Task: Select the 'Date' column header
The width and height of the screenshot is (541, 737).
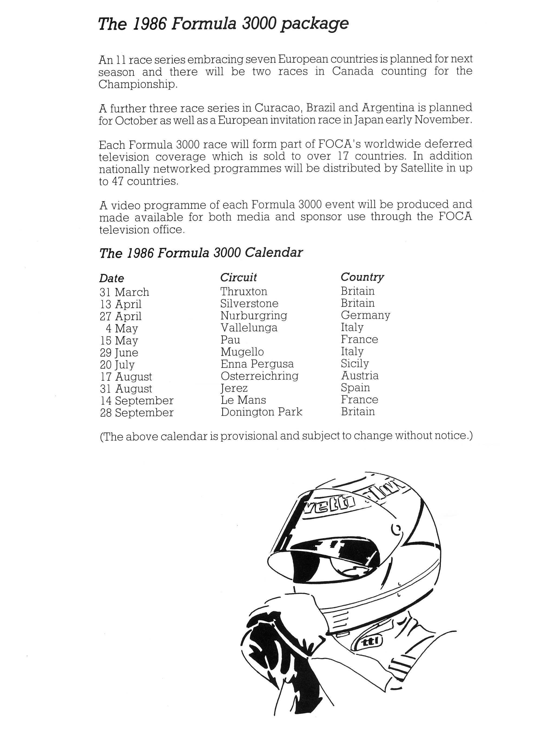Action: coord(112,278)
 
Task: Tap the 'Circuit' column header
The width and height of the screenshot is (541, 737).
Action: coord(238,277)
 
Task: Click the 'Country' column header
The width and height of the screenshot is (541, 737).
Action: coord(362,277)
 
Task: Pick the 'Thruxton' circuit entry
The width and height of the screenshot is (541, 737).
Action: coord(244,291)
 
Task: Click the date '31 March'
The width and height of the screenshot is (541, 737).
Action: coord(124,292)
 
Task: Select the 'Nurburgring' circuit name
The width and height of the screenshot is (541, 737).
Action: coord(254,316)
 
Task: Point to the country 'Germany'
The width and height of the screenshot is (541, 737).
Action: coord(365,315)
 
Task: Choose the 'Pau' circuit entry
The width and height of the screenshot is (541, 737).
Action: coord(230,340)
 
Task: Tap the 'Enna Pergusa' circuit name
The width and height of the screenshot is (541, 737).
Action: coord(257,364)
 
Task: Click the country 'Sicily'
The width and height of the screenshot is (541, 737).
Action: coord(355,364)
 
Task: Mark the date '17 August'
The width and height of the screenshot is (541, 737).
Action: coord(126,377)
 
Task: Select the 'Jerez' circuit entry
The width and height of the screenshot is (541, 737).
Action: coord(234,388)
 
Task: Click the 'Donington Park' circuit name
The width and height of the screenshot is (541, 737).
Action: coord(261,412)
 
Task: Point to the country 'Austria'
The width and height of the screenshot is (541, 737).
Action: coord(359,376)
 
